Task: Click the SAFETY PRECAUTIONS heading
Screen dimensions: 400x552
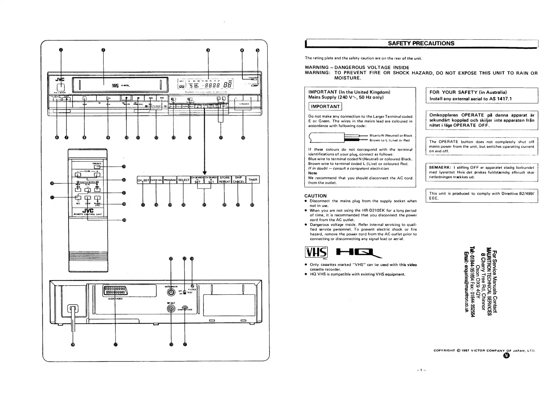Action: (x=421, y=43)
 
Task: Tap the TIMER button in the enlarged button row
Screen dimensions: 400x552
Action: (x=253, y=180)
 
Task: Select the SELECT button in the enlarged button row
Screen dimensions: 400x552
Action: (x=184, y=180)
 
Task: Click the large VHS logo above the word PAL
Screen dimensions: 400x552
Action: (x=316, y=252)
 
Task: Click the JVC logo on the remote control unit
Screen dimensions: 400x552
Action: (x=88, y=210)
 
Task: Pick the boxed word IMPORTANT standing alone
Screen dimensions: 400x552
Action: (x=325, y=107)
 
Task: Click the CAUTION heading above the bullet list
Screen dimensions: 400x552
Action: (x=315, y=196)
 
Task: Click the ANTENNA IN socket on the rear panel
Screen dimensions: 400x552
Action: (x=171, y=292)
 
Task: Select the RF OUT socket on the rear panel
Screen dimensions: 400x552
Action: (x=171, y=309)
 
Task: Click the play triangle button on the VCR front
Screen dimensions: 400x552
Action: (x=108, y=98)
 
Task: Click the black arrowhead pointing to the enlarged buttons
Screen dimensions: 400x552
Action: (x=205, y=173)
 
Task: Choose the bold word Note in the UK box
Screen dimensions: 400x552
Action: (x=312, y=173)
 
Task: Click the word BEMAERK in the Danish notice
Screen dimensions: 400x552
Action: (x=439, y=168)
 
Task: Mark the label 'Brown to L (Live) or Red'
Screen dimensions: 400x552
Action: (x=390, y=140)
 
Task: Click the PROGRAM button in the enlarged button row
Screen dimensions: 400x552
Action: (x=170, y=180)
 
